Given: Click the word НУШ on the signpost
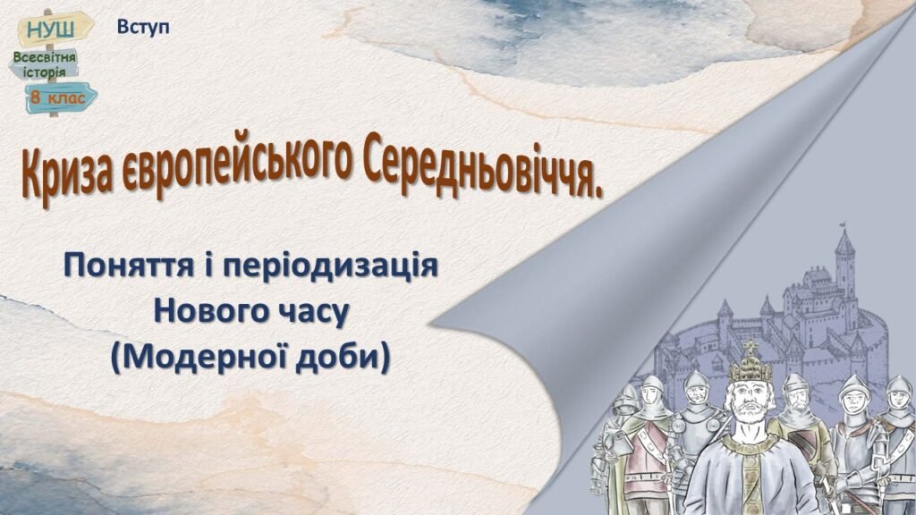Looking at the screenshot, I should point(51,30).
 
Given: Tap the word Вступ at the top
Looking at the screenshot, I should point(143,26).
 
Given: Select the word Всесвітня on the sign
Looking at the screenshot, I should point(45,58).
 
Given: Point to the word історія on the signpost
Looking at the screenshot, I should point(45,72).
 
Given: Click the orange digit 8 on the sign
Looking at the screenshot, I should point(36,97).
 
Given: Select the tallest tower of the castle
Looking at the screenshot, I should point(844,259).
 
